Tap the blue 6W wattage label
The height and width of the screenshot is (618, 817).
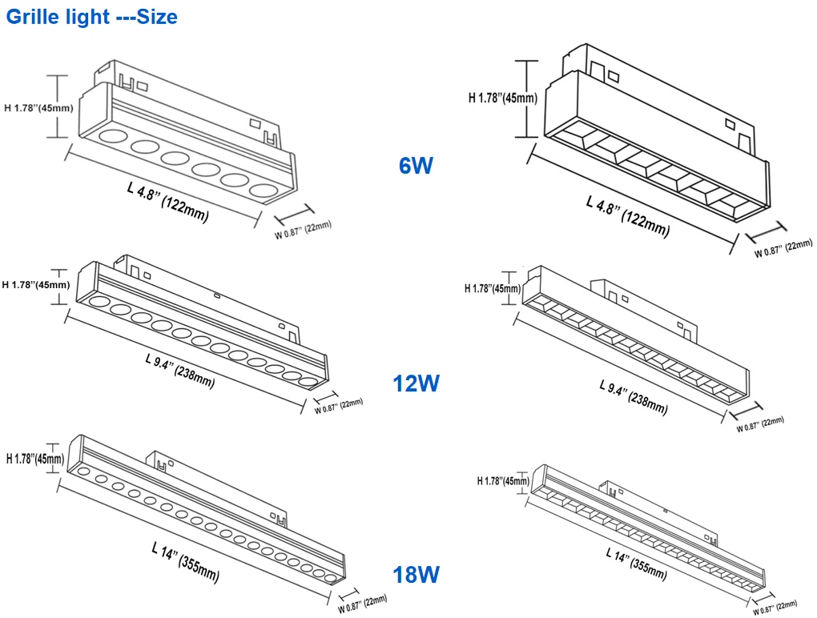[416, 167]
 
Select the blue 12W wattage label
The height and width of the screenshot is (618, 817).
[416, 383]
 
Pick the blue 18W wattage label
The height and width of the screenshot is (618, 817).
[416, 574]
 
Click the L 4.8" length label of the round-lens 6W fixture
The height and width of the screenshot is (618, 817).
[167, 200]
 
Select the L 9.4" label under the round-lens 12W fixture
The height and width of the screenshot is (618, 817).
[179, 370]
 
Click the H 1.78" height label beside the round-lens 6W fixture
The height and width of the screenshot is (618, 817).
[39, 107]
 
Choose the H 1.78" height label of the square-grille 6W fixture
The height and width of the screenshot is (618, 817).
[502, 98]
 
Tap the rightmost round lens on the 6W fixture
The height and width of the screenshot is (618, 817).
[262, 191]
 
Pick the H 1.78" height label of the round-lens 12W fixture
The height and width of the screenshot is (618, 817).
[37, 285]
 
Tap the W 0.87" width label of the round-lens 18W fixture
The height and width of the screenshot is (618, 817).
[362, 602]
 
